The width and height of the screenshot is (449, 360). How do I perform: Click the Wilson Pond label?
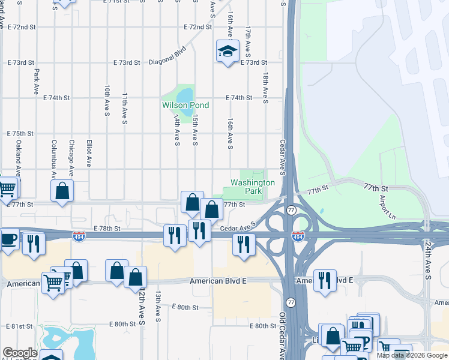tap(185, 106)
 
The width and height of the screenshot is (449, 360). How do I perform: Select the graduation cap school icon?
tap(228, 52)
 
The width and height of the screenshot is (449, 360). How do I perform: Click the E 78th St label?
tap(107, 229)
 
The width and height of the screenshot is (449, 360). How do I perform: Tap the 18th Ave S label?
tap(265, 88)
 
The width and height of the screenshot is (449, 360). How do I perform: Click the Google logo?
tap(20, 353)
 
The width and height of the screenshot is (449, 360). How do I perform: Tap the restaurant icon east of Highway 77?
tap(325, 280)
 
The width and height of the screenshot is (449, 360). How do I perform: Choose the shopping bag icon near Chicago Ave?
tap(62, 192)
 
